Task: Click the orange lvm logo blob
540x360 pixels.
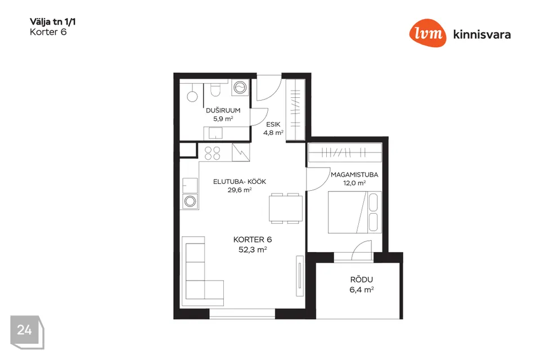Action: pos(427,33)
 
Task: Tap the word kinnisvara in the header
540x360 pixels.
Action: pos(482,34)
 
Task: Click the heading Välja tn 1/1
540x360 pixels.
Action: pos(53,22)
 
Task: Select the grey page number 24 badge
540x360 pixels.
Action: pos(27,332)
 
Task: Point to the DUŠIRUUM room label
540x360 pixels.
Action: pos(223,111)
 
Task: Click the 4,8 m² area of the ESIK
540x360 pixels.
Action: pos(273,133)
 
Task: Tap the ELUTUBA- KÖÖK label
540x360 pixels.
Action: pos(240,182)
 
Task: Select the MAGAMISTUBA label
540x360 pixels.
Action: pos(354,175)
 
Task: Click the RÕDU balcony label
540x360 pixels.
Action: pos(362,280)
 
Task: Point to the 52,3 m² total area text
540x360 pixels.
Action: pos(253,249)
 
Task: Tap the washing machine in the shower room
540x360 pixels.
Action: pos(240,88)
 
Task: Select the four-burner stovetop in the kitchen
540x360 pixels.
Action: pos(213,153)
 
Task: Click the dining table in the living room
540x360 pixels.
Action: pos(286,209)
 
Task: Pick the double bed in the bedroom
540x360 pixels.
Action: pos(355,212)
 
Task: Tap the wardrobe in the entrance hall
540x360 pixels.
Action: pos(295,110)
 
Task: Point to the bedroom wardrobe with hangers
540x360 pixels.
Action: pos(345,152)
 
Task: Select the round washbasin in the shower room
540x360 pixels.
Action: pos(192,96)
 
